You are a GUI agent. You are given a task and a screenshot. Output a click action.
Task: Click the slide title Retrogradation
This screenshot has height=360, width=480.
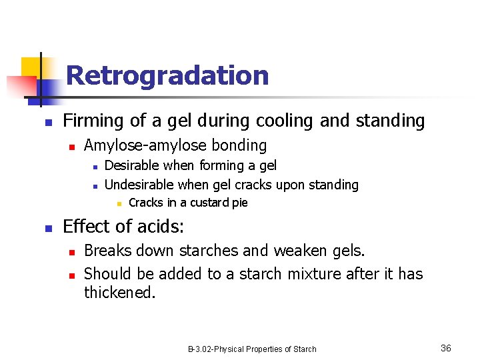pyautogui.click(x=167, y=75)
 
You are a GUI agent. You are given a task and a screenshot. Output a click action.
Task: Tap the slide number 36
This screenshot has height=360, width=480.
pyautogui.click(x=446, y=348)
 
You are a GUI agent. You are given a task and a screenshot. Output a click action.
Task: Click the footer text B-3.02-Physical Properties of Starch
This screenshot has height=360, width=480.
pyautogui.click(x=252, y=349)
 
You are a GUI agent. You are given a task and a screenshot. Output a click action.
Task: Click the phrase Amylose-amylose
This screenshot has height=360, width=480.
pyautogui.click(x=145, y=145)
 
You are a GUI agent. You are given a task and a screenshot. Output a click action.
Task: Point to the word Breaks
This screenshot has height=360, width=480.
pyautogui.click(x=109, y=251)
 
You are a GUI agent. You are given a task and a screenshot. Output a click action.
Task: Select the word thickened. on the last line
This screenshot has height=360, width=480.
pyautogui.click(x=119, y=293)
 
